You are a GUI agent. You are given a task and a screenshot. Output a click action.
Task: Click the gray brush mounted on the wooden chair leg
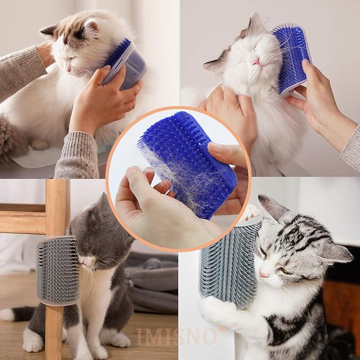point(57,270)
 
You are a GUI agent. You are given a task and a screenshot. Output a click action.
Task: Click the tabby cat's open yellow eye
point(285,270)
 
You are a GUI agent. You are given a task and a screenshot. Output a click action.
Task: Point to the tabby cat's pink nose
point(263,274)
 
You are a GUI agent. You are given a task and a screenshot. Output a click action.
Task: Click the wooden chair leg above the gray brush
point(57,207)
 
